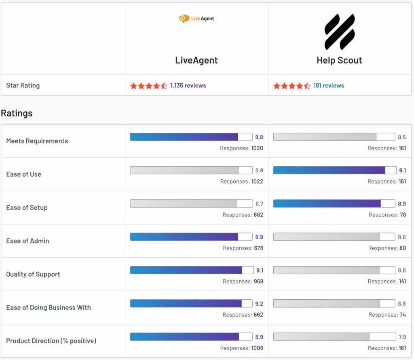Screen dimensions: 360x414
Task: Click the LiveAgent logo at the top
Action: tap(196, 19)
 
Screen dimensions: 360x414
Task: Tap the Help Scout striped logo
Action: tap(340, 32)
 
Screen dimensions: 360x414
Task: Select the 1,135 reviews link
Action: tap(188, 86)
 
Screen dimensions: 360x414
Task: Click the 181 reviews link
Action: tap(328, 86)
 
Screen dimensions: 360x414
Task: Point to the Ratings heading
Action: tap(17, 113)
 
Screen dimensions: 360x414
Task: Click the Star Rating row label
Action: tap(23, 85)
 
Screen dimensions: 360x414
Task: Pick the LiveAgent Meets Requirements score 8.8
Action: tap(259, 137)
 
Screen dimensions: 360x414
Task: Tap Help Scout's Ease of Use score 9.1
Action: tap(403, 170)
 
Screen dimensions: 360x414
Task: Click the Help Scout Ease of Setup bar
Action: tap(334, 203)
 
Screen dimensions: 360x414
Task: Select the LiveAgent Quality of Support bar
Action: tap(191, 270)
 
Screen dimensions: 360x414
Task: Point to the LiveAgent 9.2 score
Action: tap(259, 303)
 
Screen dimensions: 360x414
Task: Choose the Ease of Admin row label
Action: tap(27, 241)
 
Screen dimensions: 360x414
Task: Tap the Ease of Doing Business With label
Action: tap(49, 307)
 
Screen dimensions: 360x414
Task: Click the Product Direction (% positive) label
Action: tap(51, 341)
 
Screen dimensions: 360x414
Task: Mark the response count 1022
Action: tap(257, 182)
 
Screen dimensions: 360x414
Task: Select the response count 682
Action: tap(258, 215)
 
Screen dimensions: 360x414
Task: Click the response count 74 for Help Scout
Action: tap(402, 315)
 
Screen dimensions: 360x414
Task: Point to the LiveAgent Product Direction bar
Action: tap(191, 337)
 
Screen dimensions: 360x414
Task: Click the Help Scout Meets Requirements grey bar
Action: tap(334, 137)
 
